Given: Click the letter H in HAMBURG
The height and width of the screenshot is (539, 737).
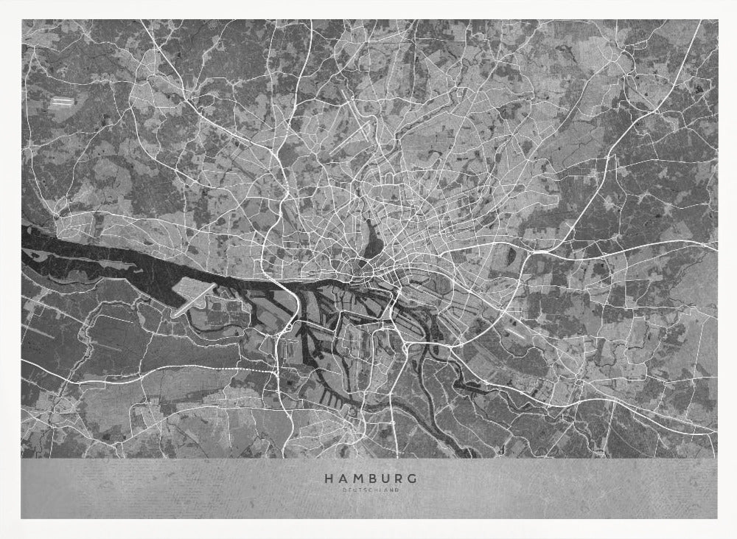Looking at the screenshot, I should point(328,479).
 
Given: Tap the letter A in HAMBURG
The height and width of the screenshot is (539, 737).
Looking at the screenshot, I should point(342,479).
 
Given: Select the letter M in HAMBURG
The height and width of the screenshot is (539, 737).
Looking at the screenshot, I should point(357,479).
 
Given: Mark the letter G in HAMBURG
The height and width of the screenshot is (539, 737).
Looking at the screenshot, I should point(413,479).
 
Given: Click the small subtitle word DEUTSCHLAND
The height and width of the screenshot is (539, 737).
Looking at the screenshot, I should point(370,490).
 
